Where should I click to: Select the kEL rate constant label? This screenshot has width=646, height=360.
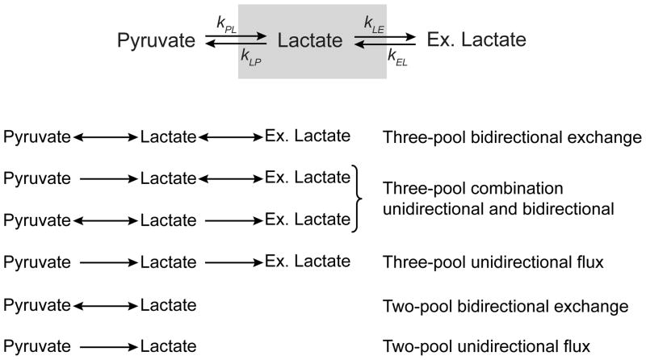click(396, 57)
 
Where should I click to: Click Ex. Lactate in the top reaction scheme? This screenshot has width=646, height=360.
click(475, 38)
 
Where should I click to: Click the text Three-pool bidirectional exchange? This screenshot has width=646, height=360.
click(512, 137)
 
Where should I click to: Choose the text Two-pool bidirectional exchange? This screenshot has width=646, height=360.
click(505, 306)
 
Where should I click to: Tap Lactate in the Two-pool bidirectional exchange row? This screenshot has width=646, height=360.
click(168, 306)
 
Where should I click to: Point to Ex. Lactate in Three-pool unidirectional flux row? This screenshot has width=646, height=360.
click(307, 261)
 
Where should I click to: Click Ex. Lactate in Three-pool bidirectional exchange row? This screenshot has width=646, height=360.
click(307, 136)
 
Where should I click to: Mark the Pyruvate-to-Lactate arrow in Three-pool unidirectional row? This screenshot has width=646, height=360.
click(108, 262)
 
